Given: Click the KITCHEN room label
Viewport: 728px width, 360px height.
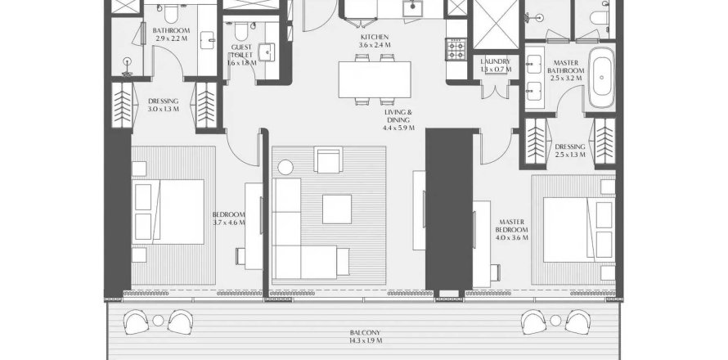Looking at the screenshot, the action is click(x=374, y=37).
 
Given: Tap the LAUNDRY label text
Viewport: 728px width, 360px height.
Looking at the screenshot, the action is click(x=496, y=61).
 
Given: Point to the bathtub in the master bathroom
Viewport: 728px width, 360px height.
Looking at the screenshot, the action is click(x=601, y=77).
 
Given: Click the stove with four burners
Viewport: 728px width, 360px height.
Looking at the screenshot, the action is click(x=456, y=49).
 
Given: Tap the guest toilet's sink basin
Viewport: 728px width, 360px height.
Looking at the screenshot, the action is click(x=267, y=52).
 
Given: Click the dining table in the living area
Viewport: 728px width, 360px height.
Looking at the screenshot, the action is click(x=375, y=79).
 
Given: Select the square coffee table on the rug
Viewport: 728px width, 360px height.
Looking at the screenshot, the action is click(x=337, y=209).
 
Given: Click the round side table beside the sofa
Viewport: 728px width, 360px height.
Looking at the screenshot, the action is click(x=285, y=167).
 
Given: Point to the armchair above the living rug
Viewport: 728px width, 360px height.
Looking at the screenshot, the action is click(x=328, y=160).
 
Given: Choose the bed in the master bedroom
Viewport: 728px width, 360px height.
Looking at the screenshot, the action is click(x=578, y=229).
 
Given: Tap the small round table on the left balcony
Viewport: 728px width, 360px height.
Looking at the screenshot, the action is click(x=159, y=321).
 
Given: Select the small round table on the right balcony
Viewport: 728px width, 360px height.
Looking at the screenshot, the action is click(x=555, y=321).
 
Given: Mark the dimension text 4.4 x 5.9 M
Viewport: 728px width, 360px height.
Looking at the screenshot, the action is click(x=398, y=128).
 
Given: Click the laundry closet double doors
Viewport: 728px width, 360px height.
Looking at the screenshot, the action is click(x=496, y=90).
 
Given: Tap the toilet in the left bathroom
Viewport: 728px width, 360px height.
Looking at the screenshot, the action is click(x=171, y=13).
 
